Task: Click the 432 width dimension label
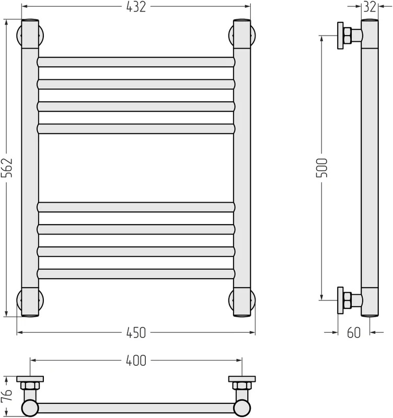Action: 136,7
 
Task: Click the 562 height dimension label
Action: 7,168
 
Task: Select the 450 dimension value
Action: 136,333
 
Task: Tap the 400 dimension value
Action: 136,361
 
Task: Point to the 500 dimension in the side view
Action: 321,168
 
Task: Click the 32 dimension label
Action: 370,7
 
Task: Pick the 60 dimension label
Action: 354,333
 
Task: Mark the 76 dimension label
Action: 7,395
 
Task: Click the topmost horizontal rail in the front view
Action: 136,62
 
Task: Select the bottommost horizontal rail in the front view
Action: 136,274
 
